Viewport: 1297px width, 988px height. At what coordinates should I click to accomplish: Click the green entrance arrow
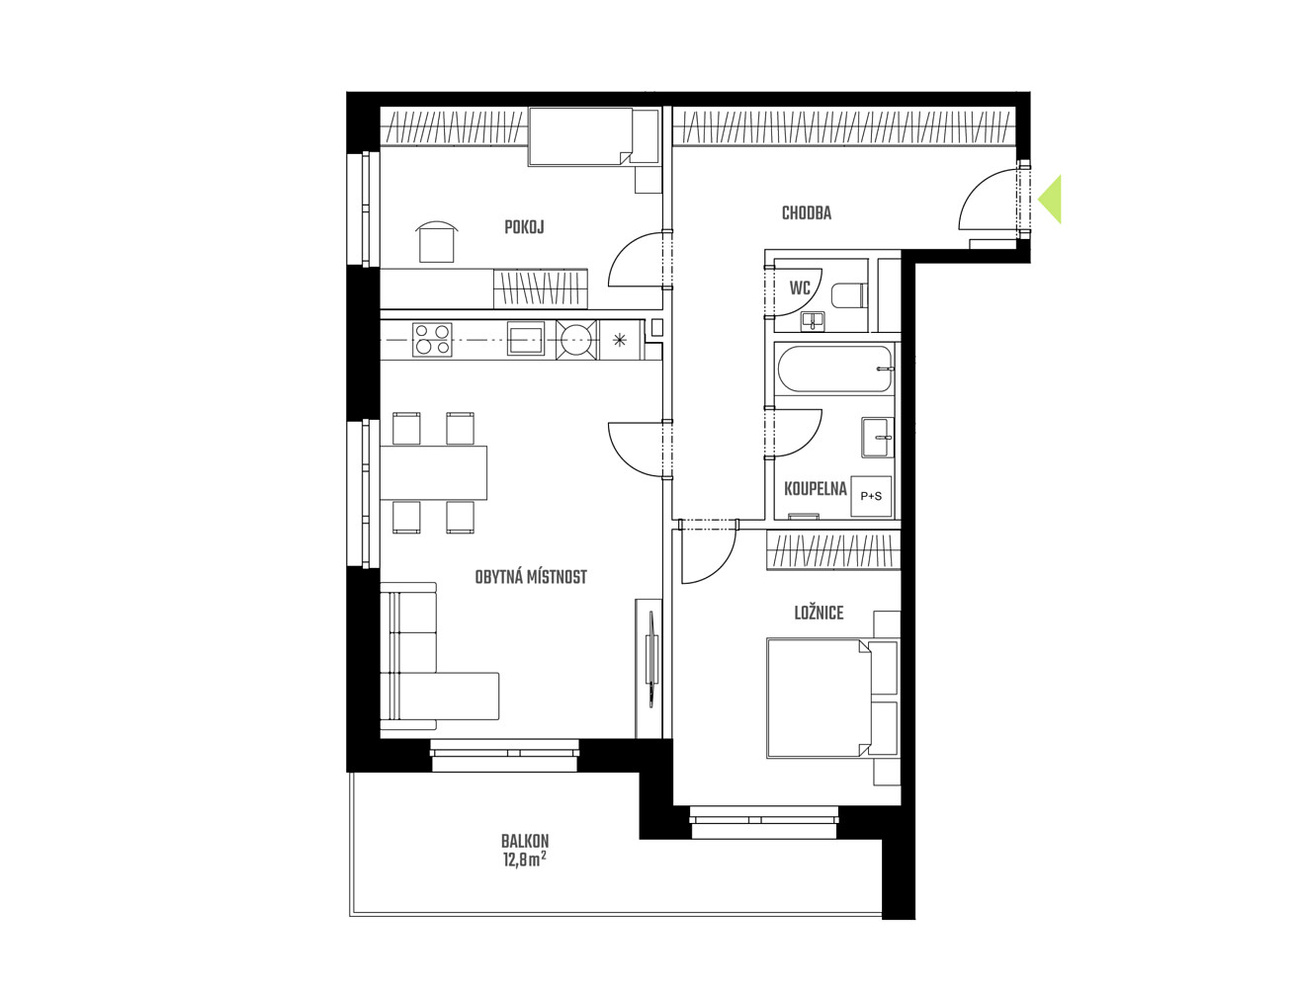[x=1051, y=199]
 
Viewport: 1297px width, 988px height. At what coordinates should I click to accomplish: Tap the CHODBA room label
[x=806, y=213]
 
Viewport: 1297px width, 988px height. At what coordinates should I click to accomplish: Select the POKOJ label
[x=524, y=227]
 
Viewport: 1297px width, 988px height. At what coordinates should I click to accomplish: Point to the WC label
[x=800, y=288]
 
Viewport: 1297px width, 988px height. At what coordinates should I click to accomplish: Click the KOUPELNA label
[x=816, y=489]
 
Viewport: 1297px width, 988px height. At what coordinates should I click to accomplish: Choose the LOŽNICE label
[x=819, y=613]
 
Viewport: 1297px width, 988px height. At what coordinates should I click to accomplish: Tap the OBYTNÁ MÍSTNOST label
[x=531, y=577]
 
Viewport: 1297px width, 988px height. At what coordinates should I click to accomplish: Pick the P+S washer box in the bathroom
[x=870, y=496]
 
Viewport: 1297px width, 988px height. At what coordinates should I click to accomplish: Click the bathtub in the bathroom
[x=834, y=370]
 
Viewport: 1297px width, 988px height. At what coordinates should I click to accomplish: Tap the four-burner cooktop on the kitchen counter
[x=432, y=340]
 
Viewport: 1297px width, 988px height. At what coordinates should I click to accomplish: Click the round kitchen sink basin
[x=575, y=340]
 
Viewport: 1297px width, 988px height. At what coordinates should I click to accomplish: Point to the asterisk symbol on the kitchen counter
[x=619, y=340]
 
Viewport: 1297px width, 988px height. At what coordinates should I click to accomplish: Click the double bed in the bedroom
[x=831, y=698]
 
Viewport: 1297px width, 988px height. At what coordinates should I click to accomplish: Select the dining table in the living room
[x=433, y=472]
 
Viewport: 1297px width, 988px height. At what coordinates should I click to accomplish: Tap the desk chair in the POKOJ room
[x=437, y=242]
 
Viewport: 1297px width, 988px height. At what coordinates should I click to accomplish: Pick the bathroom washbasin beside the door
[x=878, y=437]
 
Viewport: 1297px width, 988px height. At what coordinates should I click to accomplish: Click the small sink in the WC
[x=815, y=321]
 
